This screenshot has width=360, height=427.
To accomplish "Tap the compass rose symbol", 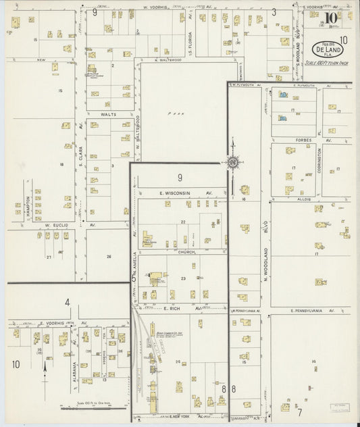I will [x=232, y=161].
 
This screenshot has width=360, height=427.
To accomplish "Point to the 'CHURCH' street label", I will [x=178, y=251].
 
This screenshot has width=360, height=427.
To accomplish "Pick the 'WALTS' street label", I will [x=109, y=115].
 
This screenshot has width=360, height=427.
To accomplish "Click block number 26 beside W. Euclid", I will [x=108, y=257].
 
